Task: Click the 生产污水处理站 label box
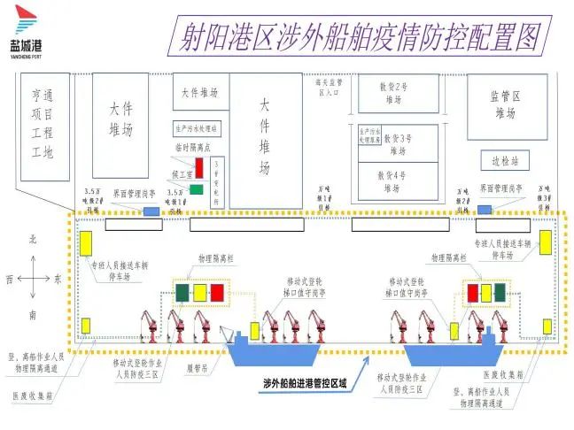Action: (x=197, y=128)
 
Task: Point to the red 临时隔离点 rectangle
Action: (x=200, y=166)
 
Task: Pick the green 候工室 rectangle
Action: (x=196, y=188)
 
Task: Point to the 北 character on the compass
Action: (x=33, y=241)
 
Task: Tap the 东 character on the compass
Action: (x=58, y=279)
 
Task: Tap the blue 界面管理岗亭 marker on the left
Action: (x=152, y=211)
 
